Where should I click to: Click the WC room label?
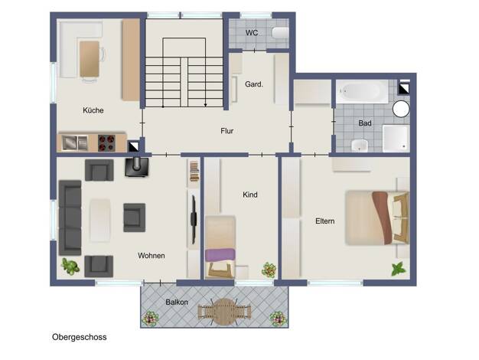pos(252,33)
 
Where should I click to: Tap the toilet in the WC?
pos(280,33)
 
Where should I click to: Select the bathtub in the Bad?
pos(362,91)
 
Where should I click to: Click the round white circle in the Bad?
pos(401,110)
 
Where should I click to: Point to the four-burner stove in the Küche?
pos(106,142)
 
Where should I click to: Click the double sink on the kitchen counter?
pos(75,142)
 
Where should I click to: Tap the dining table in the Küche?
pos(90,59)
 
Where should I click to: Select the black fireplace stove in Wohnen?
pos(136,167)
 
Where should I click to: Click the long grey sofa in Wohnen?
pos(70,218)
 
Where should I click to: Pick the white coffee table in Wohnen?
pos(100,221)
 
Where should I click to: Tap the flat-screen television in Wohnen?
pos(194,219)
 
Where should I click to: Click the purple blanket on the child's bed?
pos(220,255)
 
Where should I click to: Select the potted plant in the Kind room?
pos(269,270)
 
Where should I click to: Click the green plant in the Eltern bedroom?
pos(399,269)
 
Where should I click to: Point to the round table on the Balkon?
pos(224,312)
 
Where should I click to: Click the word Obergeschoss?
pos(80,337)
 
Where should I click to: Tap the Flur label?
pos(227,131)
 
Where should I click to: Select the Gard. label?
pos(254,84)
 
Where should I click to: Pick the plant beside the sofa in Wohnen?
pos(70,266)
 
